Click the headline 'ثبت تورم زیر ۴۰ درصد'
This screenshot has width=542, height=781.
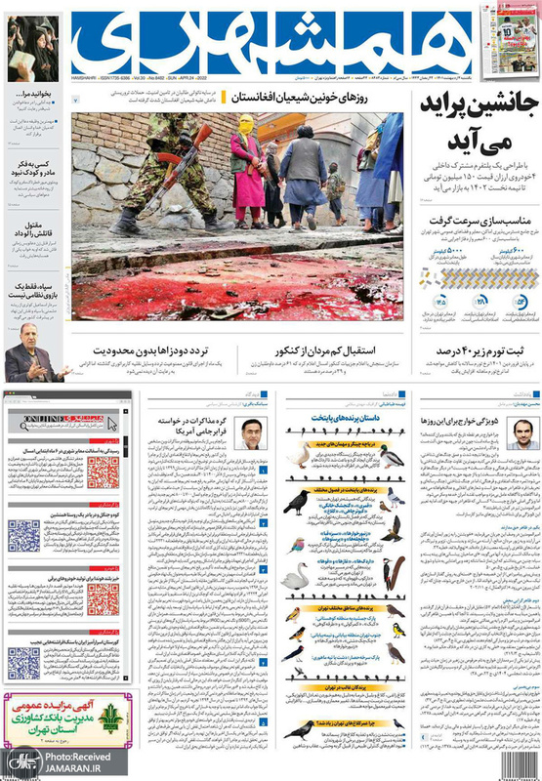tap(478, 349)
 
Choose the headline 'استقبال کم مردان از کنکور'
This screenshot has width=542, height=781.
tap(338, 349)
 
